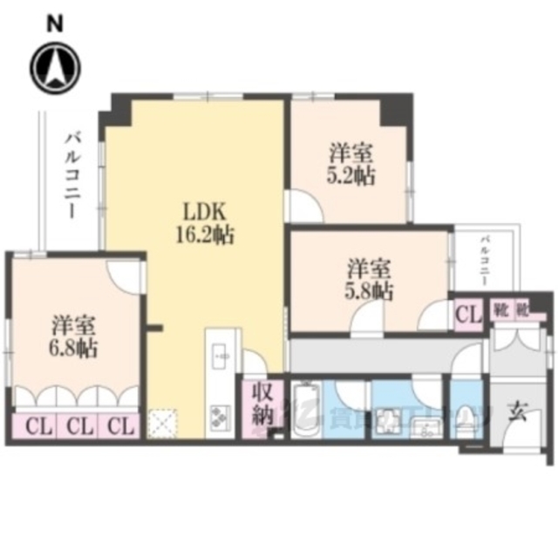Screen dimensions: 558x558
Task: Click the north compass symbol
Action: pyautogui.click(x=55, y=67)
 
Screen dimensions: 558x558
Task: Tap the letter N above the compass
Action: pyautogui.click(x=55, y=24)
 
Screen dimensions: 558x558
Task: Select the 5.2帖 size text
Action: pyautogui.click(x=352, y=175)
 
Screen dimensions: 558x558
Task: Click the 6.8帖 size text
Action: pyautogui.click(x=72, y=349)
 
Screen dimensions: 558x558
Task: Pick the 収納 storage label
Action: pyautogui.click(x=261, y=403)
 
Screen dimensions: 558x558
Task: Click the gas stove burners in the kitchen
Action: pyautogui.click(x=218, y=417)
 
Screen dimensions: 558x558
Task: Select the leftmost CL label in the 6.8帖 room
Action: pyautogui.click(x=36, y=426)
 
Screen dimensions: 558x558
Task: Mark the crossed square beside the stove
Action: pyautogui.click(x=162, y=423)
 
